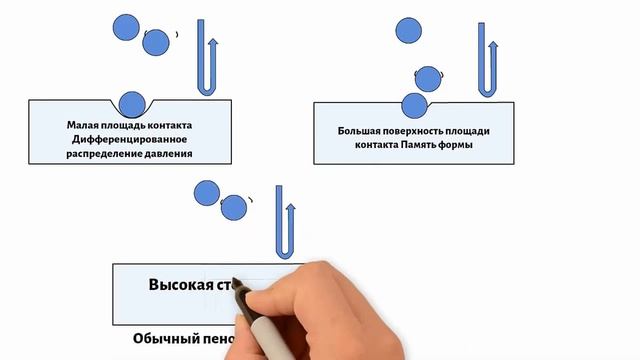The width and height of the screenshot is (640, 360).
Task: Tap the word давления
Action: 167,155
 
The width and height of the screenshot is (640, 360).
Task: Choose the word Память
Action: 426,145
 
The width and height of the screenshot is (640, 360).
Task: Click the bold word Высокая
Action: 180,284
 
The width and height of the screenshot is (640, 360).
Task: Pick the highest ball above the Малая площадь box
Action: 126,24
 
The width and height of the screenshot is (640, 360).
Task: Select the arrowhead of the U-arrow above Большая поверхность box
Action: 494,44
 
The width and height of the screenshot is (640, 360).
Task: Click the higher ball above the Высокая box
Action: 206,192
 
